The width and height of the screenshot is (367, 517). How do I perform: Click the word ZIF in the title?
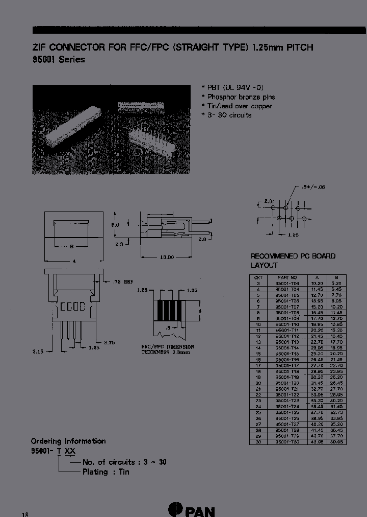(x=40, y=48)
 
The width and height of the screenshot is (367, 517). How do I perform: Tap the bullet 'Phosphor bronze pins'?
(x=241, y=97)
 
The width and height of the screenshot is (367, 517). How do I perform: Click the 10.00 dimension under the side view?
(x=167, y=257)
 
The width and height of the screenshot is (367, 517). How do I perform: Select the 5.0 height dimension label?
(x=116, y=225)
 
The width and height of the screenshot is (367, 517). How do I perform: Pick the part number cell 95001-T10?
(x=287, y=324)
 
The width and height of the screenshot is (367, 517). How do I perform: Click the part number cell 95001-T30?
(x=287, y=442)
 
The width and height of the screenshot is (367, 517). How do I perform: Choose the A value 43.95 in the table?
(x=317, y=442)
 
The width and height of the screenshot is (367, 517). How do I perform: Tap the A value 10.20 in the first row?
(x=317, y=283)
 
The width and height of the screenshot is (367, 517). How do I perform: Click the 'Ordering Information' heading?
(x=68, y=441)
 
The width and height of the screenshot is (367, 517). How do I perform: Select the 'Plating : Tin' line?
(x=106, y=472)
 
